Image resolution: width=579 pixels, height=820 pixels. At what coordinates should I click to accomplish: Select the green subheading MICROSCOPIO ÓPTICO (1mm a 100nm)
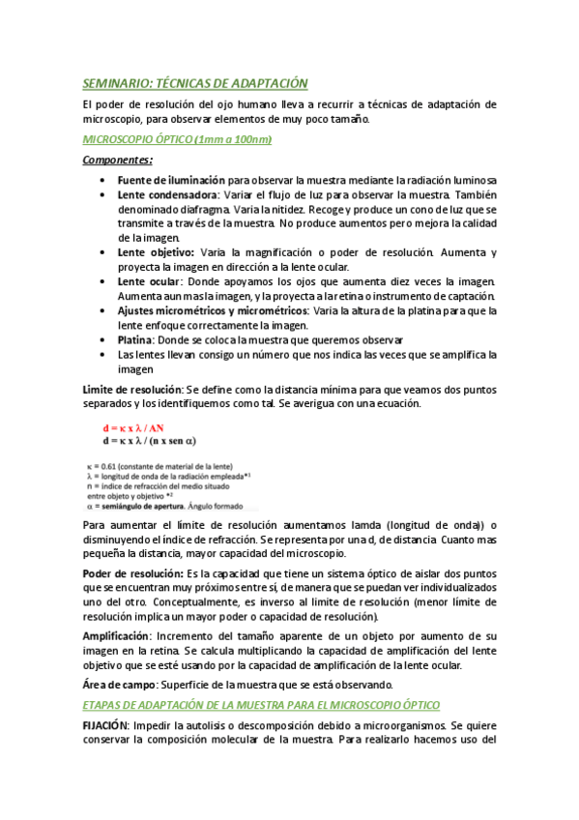[x=177, y=140]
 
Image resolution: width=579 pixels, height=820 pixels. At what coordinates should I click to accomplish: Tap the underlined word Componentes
[x=117, y=161]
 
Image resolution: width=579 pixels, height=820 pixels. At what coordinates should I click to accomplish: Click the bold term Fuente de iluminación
[x=171, y=180]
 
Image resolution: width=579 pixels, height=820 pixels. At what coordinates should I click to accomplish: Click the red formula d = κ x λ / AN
[x=138, y=426]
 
